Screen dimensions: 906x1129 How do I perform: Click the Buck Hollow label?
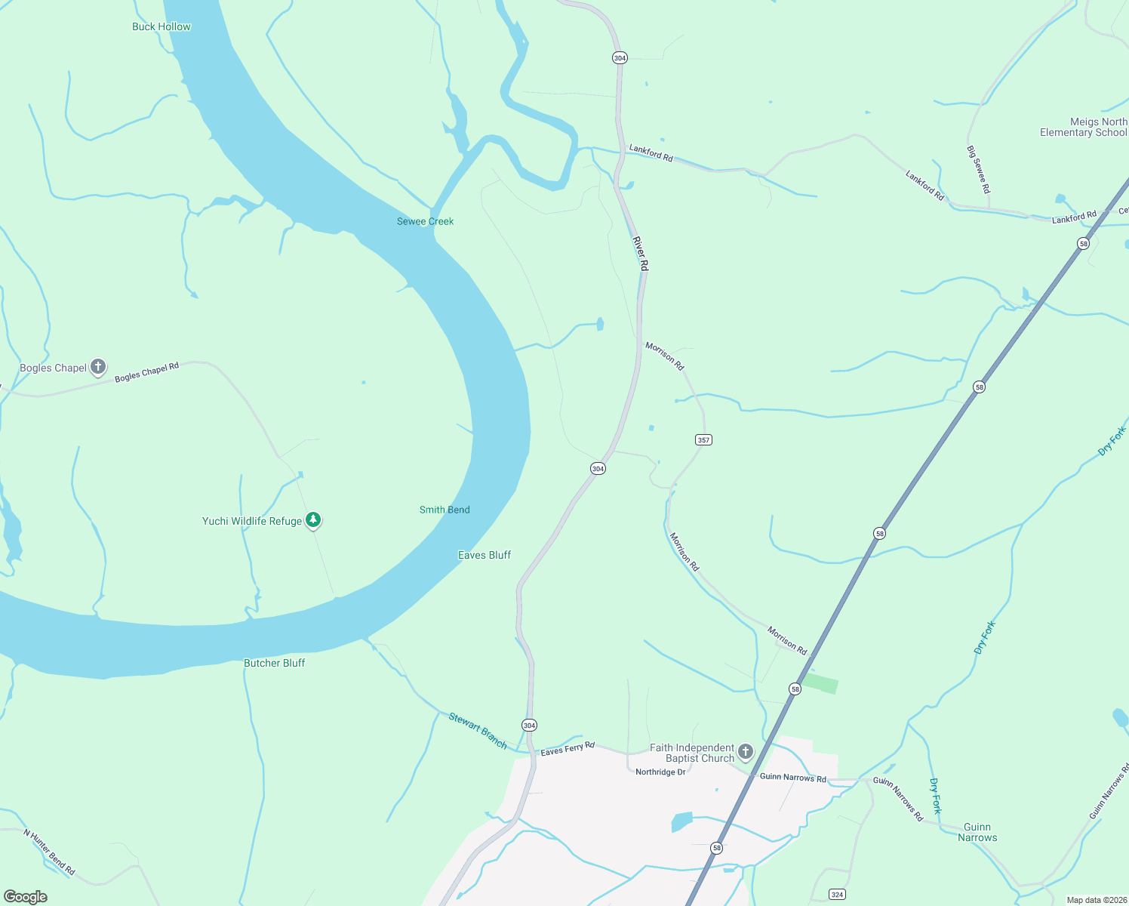click(x=162, y=26)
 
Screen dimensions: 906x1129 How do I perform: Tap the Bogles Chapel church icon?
click(x=98, y=368)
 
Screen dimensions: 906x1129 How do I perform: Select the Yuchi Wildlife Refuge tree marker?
click(x=313, y=520)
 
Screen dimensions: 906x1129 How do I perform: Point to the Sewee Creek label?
click(x=426, y=221)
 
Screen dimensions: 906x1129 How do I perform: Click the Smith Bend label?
click(x=445, y=510)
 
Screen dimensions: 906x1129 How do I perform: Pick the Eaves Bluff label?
click(x=485, y=555)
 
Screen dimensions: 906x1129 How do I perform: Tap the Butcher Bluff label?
click(x=275, y=663)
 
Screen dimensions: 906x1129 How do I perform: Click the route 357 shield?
click(x=703, y=439)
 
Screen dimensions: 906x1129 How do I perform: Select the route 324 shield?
click(x=837, y=895)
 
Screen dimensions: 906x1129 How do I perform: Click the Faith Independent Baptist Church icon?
click(x=746, y=751)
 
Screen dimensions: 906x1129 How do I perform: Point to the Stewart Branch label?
click(x=478, y=730)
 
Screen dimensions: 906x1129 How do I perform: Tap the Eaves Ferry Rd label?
click(x=568, y=749)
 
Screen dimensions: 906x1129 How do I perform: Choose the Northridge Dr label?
click(x=660, y=772)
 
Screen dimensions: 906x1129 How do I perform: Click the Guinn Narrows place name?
click(x=977, y=832)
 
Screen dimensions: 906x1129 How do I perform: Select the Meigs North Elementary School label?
click(x=1083, y=127)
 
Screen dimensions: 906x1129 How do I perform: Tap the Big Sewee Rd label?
click(x=978, y=169)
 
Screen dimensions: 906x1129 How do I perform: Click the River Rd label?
click(x=640, y=254)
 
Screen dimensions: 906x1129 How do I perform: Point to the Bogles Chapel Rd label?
click(x=147, y=372)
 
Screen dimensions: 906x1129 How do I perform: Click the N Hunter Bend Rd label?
click(x=49, y=852)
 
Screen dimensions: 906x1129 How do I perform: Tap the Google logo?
click(x=26, y=897)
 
